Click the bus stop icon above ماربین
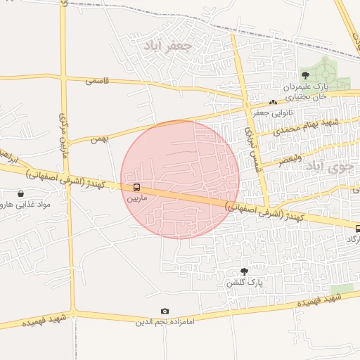pyautogui.click(x=136, y=188)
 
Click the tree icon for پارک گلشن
pyautogui.click(x=244, y=271)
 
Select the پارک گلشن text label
pyautogui.click(x=244, y=282)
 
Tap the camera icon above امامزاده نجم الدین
pyautogui.click(x=165, y=311)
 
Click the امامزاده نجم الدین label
pyautogui.click(x=165, y=321)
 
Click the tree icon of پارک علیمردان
pyautogui.click(x=305, y=75)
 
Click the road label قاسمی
pyautogui.click(x=98, y=81)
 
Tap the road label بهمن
pyautogui.click(x=99, y=139)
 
